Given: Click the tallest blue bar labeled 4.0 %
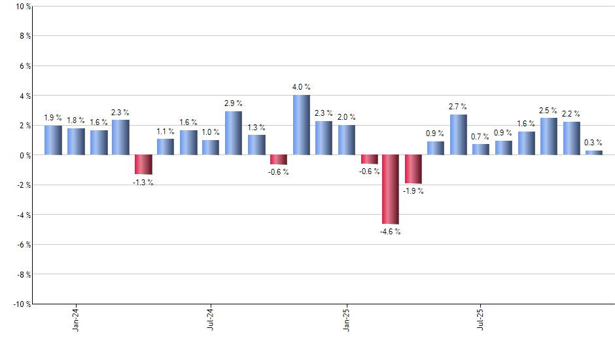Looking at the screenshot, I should [301, 125].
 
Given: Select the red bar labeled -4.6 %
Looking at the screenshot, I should [391, 189].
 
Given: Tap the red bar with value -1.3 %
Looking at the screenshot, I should [143, 164].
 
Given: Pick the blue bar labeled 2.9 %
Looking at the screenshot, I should [234, 133].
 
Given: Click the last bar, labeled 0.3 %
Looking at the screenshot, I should [593, 153].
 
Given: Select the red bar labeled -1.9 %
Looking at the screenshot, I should [413, 169].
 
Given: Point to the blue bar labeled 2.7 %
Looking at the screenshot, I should [459, 135].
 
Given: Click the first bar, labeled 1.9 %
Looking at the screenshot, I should [53, 140].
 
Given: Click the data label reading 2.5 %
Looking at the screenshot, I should [548, 111].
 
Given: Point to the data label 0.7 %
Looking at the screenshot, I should [481, 137].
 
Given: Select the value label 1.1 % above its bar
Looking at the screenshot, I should [166, 131].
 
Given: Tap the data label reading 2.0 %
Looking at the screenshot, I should [346, 117].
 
